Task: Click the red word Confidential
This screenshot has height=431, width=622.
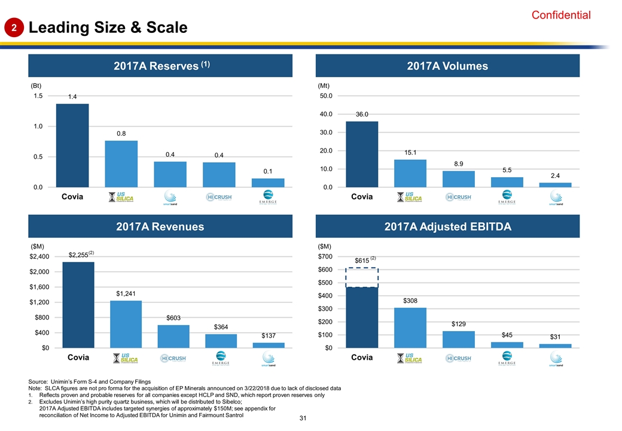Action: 561,16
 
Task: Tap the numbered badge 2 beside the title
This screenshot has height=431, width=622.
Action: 16,28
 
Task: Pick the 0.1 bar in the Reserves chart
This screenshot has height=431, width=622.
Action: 268,183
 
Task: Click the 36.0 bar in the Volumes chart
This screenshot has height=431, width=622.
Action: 362,154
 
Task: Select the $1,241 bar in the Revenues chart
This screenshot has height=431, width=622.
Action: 126,324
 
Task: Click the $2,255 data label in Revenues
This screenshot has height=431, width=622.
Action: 78,255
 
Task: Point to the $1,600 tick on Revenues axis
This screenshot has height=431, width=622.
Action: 41,287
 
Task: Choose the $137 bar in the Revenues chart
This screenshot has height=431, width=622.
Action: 268,345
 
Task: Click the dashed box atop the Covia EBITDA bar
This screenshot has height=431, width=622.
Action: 362,277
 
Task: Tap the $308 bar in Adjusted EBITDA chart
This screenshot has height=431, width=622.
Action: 410,327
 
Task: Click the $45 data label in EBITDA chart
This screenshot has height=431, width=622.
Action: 507,335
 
